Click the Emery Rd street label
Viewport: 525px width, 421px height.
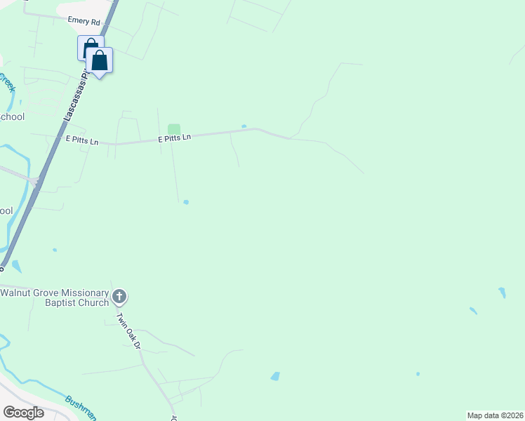[84, 21]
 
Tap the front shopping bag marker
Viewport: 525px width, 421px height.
[100, 61]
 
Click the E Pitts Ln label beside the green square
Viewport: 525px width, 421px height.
[174, 139]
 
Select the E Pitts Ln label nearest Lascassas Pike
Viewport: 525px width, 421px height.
[82, 140]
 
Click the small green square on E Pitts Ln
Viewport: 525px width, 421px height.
[174, 128]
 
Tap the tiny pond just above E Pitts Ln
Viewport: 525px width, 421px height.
[244, 126]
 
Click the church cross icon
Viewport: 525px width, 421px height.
[119, 297]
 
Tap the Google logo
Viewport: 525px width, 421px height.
[23, 413]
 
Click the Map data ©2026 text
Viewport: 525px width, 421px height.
[494, 415]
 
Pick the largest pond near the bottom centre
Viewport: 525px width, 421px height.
[275, 376]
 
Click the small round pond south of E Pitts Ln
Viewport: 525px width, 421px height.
[186, 202]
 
